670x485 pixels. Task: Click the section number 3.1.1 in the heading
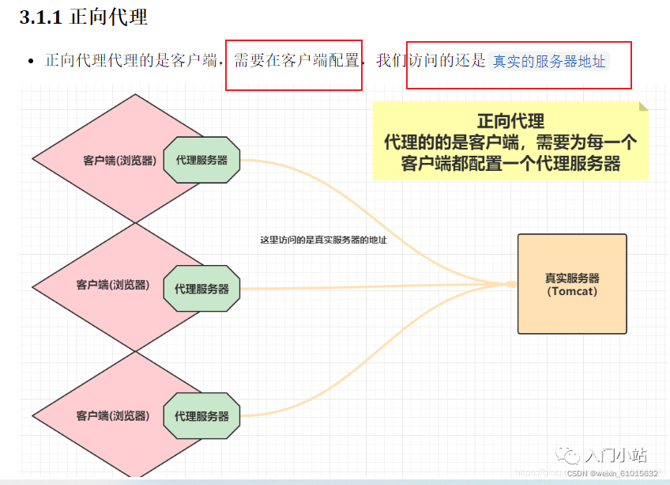[x=40, y=17]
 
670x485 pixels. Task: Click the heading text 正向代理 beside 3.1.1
[x=108, y=17]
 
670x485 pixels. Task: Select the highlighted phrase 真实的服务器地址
[x=549, y=61]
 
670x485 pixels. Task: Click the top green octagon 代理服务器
[x=201, y=160]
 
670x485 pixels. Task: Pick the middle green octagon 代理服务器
[x=201, y=289]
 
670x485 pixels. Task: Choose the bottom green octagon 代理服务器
[x=201, y=416]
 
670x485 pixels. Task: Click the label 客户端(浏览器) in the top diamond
[x=119, y=161]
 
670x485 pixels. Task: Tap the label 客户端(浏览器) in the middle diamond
[x=113, y=285]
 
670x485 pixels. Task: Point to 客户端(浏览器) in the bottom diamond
[x=113, y=415]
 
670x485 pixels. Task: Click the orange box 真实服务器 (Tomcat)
[x=572, y=283]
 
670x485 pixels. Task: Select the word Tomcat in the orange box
[x=572, y=291]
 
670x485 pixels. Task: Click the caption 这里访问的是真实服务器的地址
[x=323, y=240]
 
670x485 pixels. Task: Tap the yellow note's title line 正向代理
[x=510, y=122]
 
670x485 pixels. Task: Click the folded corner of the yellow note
[x=643, y=106]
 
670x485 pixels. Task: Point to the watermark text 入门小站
[x=615, y=455]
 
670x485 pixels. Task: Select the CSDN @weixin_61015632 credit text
[x=612, y=473]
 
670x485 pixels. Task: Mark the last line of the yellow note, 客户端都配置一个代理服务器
[x=510, y=164]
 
